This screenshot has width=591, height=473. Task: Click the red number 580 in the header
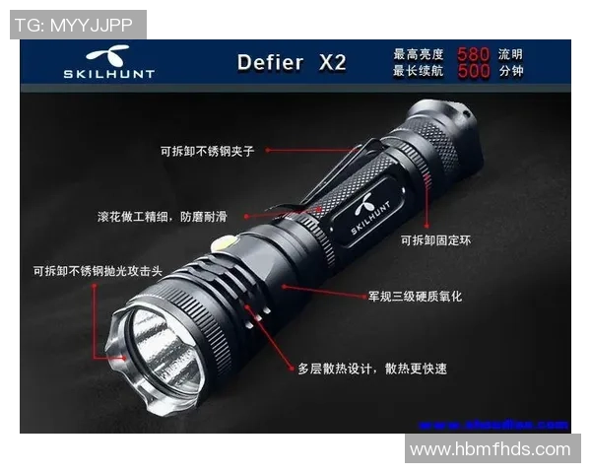click(475, 53)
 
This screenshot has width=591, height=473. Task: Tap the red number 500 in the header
click(475, 71)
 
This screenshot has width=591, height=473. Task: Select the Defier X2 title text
click(292, 62)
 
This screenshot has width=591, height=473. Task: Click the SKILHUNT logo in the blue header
click(96, 62)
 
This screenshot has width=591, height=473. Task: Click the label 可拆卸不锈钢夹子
click(207, 152)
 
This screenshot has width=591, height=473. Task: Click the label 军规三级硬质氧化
click(415, 295)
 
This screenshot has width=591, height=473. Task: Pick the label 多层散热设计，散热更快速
click(372, 369)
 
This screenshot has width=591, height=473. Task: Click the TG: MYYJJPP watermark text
click(78, 25)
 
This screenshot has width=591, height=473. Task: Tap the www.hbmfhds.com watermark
click(490, 449)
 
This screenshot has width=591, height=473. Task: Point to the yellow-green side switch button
click(226, 242)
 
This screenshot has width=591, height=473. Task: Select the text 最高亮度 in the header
click(419, 54)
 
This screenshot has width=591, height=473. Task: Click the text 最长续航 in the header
click(419, 71)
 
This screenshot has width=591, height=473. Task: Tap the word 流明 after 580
click(510, 54)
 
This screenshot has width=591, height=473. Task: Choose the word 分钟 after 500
click(510, 71)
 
